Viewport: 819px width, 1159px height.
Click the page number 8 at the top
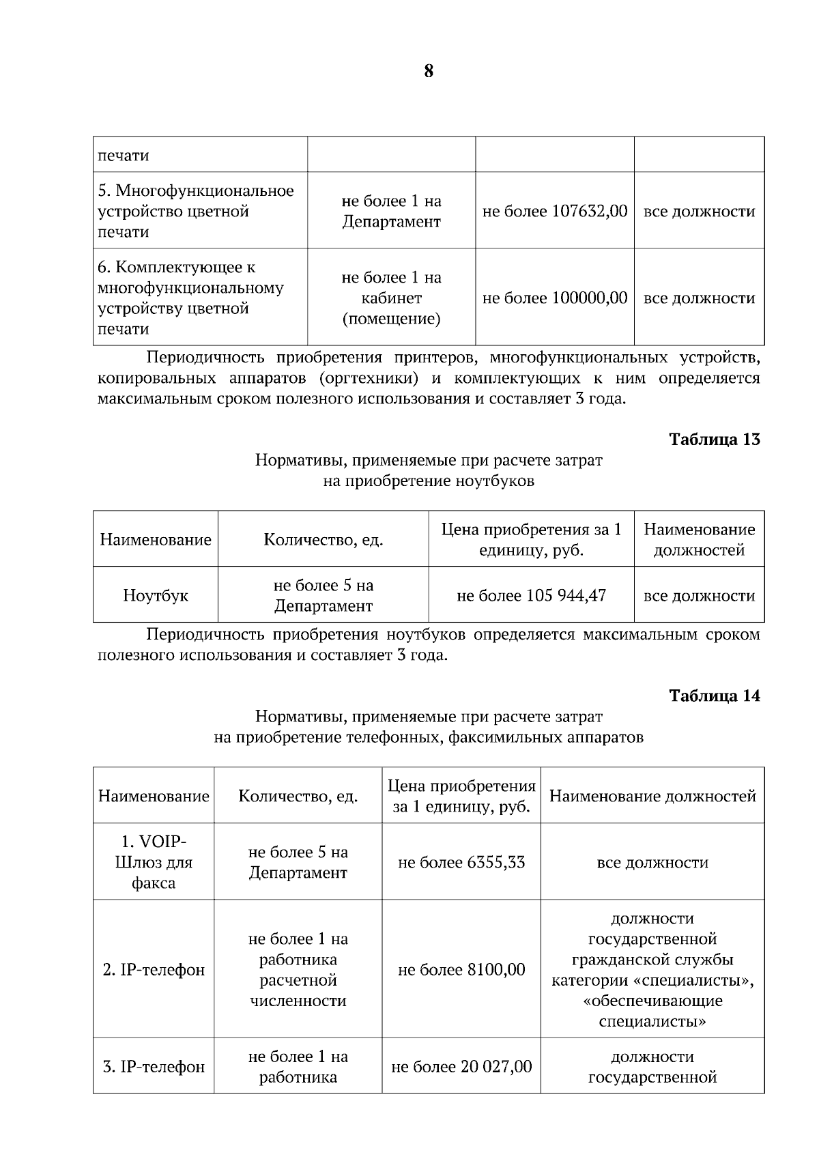pos(429,71)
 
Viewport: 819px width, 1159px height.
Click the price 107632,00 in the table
pos(554,211)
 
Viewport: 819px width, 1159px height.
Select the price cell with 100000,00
pos(554,298)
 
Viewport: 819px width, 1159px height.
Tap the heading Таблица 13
pos(714,439)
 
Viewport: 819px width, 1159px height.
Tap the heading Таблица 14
pos(714,696)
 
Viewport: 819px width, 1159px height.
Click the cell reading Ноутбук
pos(156,595)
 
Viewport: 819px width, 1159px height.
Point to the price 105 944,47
pos(531,595)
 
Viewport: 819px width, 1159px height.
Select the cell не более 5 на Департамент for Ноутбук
pos(324,595)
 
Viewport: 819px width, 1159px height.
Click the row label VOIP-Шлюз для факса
pos(154,862)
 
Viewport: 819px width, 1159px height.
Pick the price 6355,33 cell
pos(461,862)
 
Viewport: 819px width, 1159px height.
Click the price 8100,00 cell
pos(461,970)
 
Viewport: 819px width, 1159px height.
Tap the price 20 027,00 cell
pos(461,1067)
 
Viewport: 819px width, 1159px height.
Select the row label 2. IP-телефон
pos(154,970)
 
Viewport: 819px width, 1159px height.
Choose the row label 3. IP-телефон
pos(154,1067)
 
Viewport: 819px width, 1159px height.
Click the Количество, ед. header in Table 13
pos(324,540)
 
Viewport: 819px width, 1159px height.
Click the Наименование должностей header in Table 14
pos(652,796)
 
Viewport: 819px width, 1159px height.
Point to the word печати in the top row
pos(124,156)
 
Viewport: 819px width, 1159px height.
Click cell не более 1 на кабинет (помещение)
pos(391,298)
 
